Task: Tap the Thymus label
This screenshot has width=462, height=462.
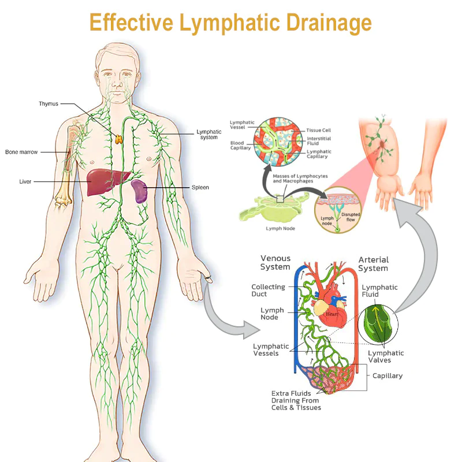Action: click(x=49, y=104)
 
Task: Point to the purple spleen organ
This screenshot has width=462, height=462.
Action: click(x=139, y=191)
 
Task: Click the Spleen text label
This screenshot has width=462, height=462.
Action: click(x=200, y=188)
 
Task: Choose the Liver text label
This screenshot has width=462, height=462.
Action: click(x=25, y=182)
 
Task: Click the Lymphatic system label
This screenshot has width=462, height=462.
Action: click(x=208, y=135)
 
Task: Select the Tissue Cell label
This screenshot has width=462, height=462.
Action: click(x=319, y=131)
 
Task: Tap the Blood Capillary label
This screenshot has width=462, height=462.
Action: click(x=241, y=144)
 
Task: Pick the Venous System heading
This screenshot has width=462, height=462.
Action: click(x=275, y=263)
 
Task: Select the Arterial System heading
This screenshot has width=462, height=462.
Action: click(x=374, y=264)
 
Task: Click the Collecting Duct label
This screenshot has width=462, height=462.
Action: click(x=268, y=290)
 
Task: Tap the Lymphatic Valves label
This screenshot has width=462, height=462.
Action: click(x=386, y=357)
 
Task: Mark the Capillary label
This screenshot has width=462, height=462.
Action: click(x=388, y=375)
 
